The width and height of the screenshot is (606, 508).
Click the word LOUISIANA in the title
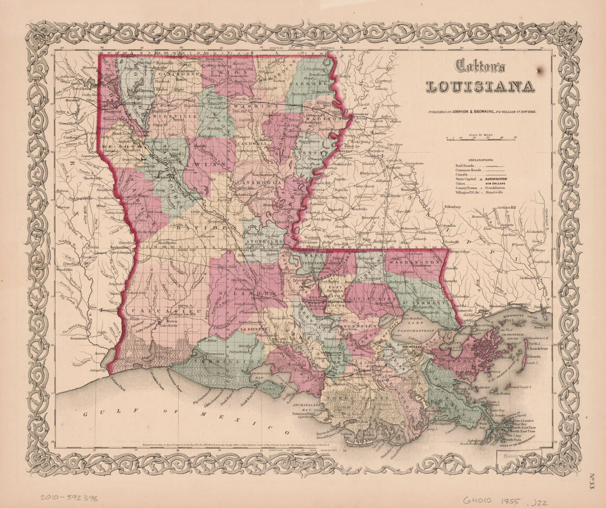click(480, 86)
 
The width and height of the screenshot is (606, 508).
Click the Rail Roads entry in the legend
click(466, 166)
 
